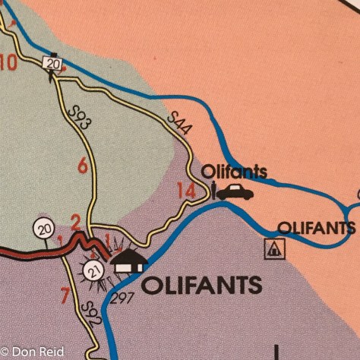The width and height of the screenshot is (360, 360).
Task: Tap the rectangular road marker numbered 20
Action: (x=52, y=63)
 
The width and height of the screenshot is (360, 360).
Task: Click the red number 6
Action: (x=82, y=165)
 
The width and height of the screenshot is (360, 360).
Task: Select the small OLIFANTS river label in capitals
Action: (x=316, y=227)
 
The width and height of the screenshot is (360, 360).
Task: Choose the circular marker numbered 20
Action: (x=43, y=227)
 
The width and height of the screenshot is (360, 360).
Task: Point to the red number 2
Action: (x=74, y=223)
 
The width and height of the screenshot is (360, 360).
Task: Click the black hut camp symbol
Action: (x=128, y=263)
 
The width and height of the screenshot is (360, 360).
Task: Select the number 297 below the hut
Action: (x=122, y=297)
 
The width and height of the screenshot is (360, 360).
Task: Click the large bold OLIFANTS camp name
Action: (x=201, y=286)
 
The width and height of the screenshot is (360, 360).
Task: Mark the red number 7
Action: (x=65, y=294)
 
